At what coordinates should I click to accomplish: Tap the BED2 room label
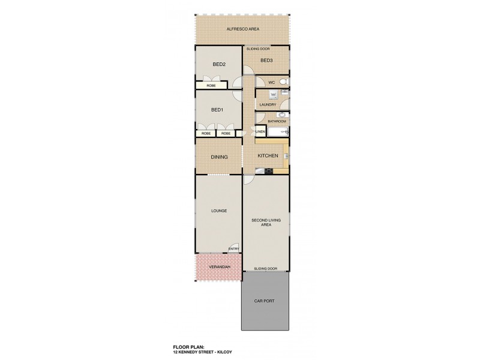[x=218, y=64]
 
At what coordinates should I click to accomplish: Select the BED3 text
[x=266, y=61]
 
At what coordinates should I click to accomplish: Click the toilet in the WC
[x=285, y=82]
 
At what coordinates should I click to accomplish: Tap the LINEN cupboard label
[x=260, y=131]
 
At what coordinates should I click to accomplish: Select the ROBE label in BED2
[x=211, y=86]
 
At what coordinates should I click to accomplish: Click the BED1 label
[x=217, y=110]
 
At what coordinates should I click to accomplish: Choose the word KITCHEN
[x=267, y=156]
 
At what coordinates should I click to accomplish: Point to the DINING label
[x=218, y=157]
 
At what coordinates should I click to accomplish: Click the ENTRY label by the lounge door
[x=233, y=250]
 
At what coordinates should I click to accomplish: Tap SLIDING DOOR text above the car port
[x=265, y=269]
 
